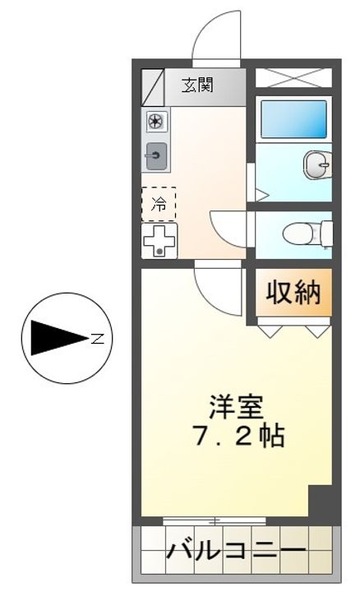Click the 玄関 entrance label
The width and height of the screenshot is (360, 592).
click(198, 85)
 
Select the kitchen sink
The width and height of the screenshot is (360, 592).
click(156, 155)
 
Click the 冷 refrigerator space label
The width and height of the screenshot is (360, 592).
click(159, 204)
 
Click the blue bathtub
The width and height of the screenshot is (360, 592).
click(294, 119)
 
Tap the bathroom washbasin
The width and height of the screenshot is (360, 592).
click(317, 164)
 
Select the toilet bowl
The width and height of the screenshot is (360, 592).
click(302, 234)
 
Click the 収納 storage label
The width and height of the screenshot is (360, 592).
click(293, 293)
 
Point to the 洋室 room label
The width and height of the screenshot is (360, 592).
click(237, 407)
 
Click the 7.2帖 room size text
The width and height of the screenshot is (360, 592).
click(238, 437)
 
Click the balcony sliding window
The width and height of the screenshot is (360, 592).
click(215, 521)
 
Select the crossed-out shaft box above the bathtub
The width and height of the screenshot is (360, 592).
click(294, 78)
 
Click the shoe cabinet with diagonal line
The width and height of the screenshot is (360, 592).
click(153, 87)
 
